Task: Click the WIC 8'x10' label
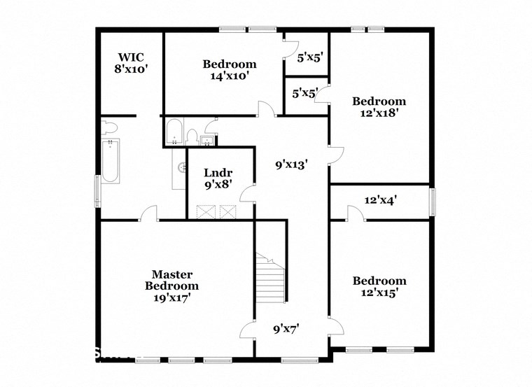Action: click(132, 63)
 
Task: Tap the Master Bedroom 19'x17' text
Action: click(171, 286)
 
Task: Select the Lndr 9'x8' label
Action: click(218, 178)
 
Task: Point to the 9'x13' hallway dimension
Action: click(291, 165)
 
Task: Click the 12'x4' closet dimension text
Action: click(381, 200)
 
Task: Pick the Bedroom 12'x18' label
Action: click(379, 106)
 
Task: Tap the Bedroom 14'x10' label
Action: click(230, 70)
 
